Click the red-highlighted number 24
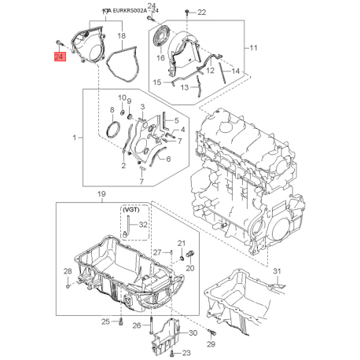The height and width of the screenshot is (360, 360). [x=60, y=57]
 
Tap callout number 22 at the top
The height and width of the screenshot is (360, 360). [x=200, y=13]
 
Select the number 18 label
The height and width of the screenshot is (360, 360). [x=121, y=36]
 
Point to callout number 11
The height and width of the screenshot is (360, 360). [x=252, y=49]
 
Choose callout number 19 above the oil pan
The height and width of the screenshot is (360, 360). [x=101, y=194]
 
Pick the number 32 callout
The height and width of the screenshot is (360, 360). [x=142, y=224]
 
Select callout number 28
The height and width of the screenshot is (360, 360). [x=68, y=272]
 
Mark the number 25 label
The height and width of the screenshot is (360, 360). [x=105, y=321]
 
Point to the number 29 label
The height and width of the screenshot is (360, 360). [x=211, y=344]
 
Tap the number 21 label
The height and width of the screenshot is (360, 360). [x=181, y=243]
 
